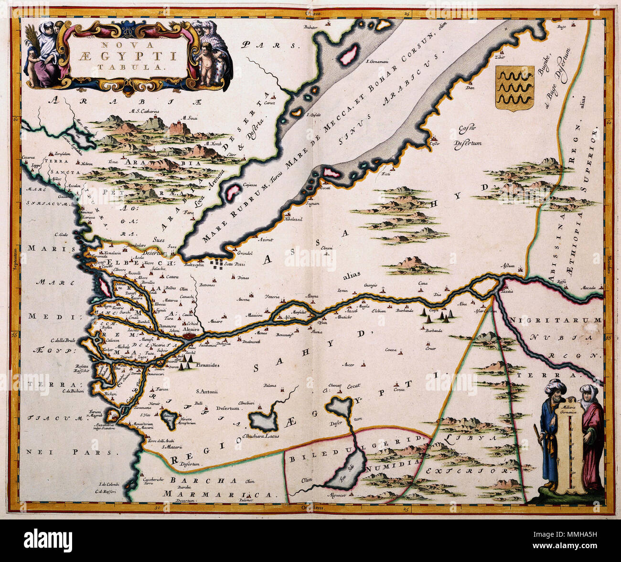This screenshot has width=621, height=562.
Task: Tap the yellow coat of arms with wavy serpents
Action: (x=515, y=88)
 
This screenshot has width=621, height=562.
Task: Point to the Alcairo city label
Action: (x=192, y=329)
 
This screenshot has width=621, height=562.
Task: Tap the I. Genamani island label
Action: (x=376, y=61)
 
